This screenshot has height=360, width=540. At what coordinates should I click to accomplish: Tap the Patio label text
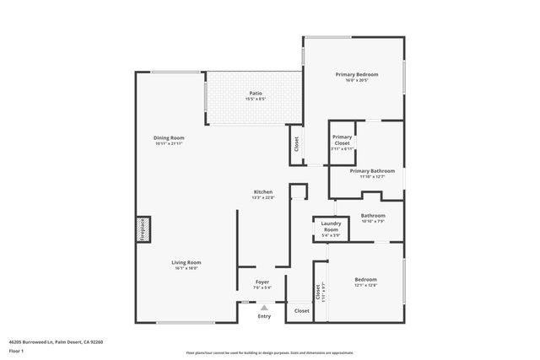(254, 93)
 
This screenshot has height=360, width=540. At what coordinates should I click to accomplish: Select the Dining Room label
(170, 137)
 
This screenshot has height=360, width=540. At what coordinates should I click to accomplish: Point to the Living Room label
(187, 262)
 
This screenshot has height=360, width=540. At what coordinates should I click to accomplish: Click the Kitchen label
(263, 192)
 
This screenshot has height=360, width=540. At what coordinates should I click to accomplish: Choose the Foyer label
(263, 282)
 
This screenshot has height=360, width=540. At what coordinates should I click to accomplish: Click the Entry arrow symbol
(264, 308)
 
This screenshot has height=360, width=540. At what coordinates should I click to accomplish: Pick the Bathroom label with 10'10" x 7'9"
(373, 215)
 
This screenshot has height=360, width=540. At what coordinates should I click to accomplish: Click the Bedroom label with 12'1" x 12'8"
(365, 279)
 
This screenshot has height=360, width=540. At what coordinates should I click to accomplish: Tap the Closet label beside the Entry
(301, 311)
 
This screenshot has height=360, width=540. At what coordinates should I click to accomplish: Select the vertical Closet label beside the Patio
(296, 144)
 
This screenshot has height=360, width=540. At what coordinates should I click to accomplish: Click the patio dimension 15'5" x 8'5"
(254, 99)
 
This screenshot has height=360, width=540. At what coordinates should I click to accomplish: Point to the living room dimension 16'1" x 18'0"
(187, 268)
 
